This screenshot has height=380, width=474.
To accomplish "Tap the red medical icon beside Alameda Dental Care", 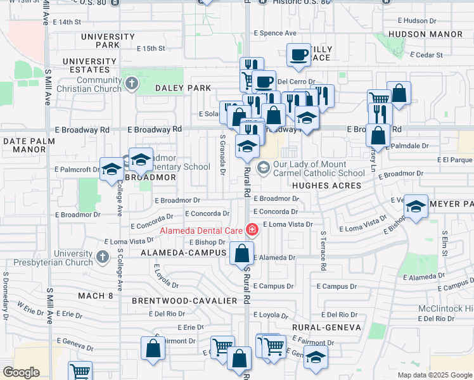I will click(x=252, y=230).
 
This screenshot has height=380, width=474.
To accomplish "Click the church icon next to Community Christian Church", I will click(x=132, y=84).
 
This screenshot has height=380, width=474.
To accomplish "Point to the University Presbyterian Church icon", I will click(x=103, y=257).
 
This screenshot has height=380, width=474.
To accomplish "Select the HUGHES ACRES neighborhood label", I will click(x=326, y=186).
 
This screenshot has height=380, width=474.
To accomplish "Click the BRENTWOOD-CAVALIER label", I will click(x=184, y=300).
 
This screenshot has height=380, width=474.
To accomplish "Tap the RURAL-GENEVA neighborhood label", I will click(x=326, y=327).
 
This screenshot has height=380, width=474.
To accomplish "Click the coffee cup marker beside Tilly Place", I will click(x=298, y=55).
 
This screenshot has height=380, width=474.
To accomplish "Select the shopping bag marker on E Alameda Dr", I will click(x=241, y=253).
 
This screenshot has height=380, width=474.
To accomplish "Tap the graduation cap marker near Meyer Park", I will click(x=416, y=206).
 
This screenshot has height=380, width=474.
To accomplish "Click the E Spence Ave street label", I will click(x=275, y=33).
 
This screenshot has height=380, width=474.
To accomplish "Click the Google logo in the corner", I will click(x=21, y=372).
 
